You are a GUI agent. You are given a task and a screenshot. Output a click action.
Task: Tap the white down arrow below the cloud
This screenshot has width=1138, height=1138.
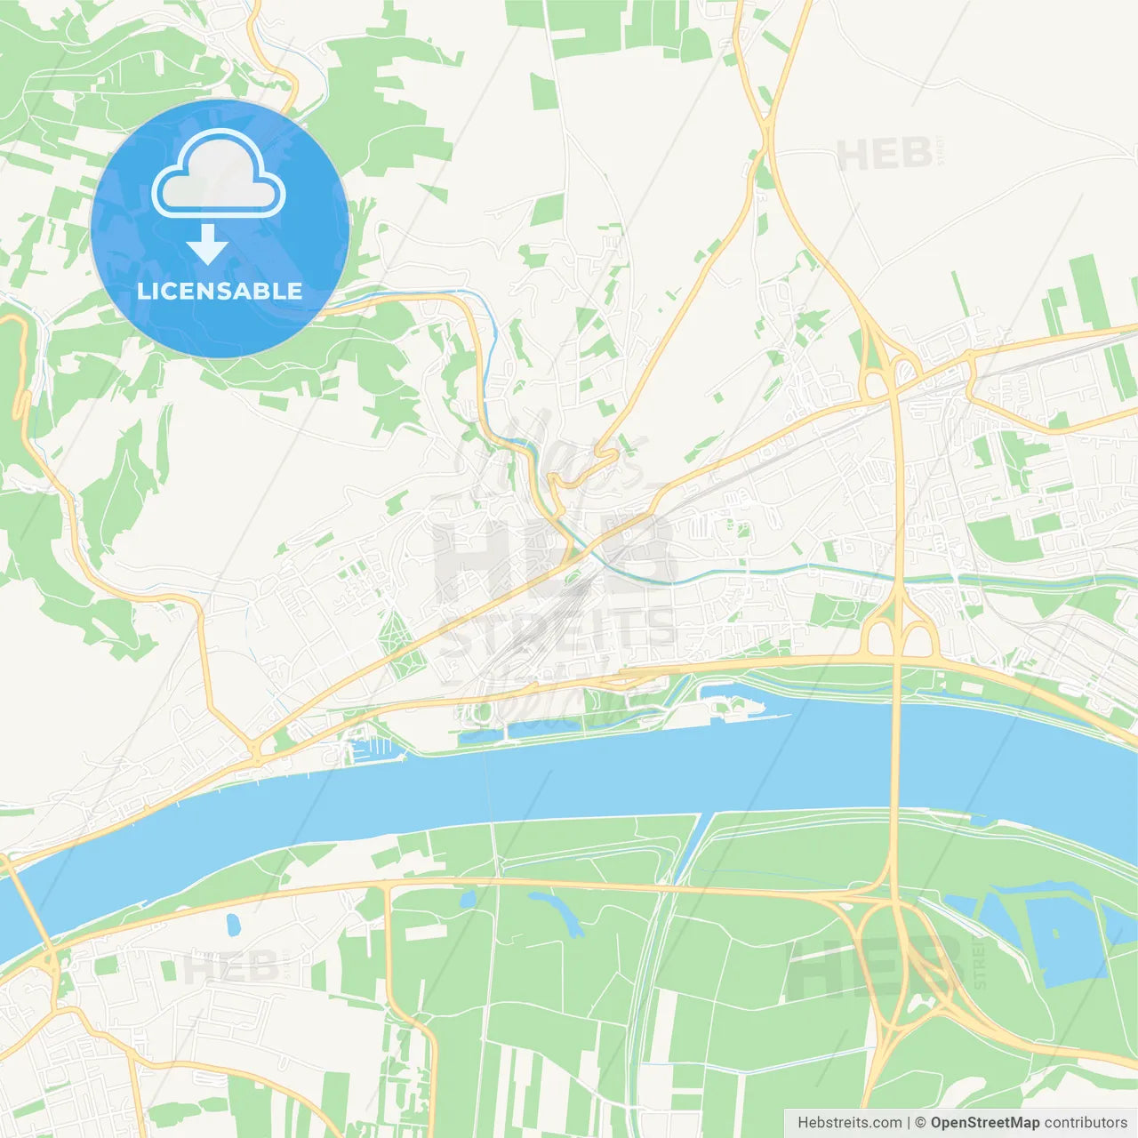(x=207, y=244)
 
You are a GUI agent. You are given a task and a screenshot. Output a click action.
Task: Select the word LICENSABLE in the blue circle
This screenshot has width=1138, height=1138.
(x=219, y=291)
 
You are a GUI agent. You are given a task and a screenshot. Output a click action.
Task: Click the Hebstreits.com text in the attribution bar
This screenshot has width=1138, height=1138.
(x=849, y=1123)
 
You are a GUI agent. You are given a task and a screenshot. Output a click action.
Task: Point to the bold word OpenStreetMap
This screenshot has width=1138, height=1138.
(x=984, y=1123)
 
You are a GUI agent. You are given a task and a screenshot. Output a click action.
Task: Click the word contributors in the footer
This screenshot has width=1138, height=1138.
(x=1086, y=1123)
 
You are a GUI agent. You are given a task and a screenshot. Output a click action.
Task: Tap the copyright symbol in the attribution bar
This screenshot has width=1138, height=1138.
(x=920, y=1123)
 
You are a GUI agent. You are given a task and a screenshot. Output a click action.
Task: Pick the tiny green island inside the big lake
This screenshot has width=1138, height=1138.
(x=1054, y=933)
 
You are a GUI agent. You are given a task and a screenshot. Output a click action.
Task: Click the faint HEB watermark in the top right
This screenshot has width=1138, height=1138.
(x=885, y=156)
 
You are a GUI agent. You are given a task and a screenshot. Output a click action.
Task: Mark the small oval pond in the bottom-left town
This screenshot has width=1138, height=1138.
(x=233, y=925)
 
